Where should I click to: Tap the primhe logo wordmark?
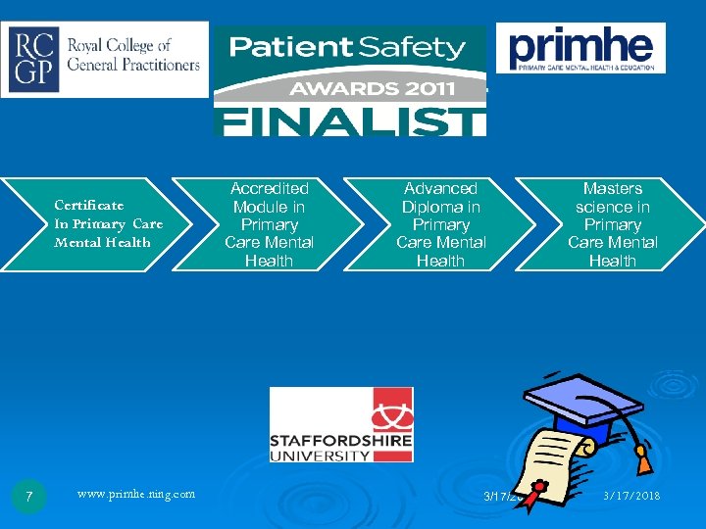580,44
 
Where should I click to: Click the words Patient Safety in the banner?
347,47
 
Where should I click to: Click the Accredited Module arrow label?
269,223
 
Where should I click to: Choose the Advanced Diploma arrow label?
440,223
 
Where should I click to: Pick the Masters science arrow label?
612,223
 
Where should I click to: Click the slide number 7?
29,498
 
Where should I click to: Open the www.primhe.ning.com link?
135,494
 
